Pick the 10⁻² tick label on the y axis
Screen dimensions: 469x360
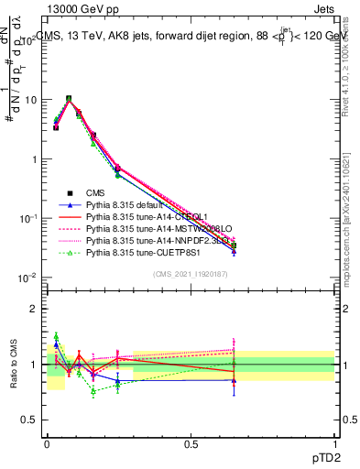[26, 278]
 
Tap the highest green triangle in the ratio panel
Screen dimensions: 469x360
[56, 336]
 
